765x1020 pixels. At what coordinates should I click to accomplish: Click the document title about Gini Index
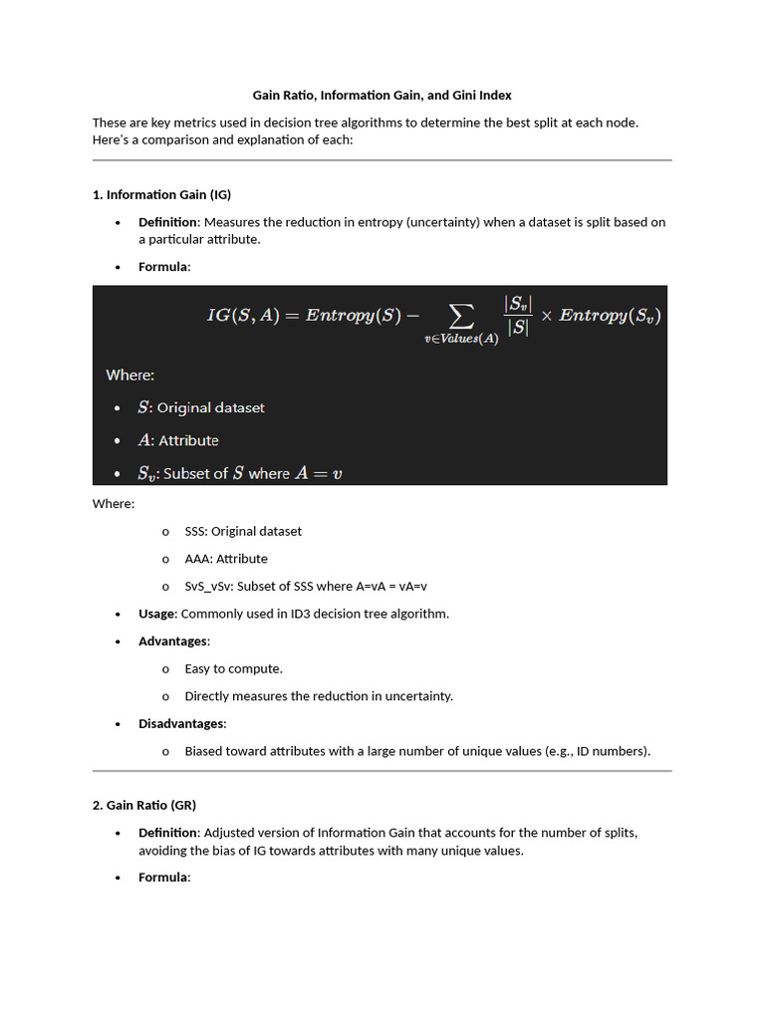382,96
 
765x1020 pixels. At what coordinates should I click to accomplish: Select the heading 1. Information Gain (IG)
161,194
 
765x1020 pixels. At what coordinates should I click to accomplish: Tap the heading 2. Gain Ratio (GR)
150,805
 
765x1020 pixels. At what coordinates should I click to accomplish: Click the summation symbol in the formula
460,316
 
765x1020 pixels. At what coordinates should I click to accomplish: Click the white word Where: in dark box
130,376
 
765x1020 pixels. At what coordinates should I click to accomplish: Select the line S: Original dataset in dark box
201,407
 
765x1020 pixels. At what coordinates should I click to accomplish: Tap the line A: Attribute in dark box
178,440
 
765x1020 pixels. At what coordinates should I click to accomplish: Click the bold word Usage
156,614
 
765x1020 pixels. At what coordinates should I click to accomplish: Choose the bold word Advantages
172,641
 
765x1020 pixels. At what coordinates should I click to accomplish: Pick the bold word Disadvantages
181,723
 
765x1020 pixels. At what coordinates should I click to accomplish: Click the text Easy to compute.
233,668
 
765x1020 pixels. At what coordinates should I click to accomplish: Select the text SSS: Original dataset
243,531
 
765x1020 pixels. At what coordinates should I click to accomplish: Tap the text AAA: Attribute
226,559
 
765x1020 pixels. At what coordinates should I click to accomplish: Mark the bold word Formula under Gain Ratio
163,878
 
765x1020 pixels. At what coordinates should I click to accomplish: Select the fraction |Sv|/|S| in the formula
517,315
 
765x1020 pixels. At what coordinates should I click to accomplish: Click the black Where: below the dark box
114,504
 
